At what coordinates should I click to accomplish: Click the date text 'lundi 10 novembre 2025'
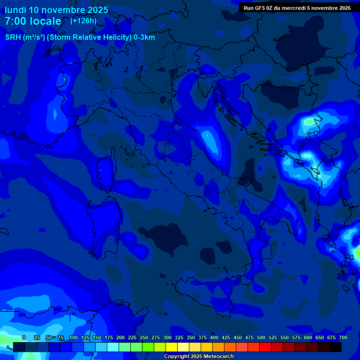[56, 10]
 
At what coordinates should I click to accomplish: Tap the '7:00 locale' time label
[33, 21]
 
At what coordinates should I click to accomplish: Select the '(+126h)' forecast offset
[83, 21]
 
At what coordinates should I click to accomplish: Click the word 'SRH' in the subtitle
[13, 37]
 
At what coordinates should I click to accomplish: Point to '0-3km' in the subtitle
[144, 37]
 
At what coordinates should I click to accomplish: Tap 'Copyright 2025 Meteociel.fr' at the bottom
[199, 357]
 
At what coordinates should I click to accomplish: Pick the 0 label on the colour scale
[24, 337]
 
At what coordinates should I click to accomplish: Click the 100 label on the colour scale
[74, 337]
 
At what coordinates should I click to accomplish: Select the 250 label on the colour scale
[144, 337]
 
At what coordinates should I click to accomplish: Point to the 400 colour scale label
[214, 337]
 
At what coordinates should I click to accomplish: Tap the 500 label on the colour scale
[261, 337]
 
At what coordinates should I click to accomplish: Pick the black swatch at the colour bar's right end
[336, 347]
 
